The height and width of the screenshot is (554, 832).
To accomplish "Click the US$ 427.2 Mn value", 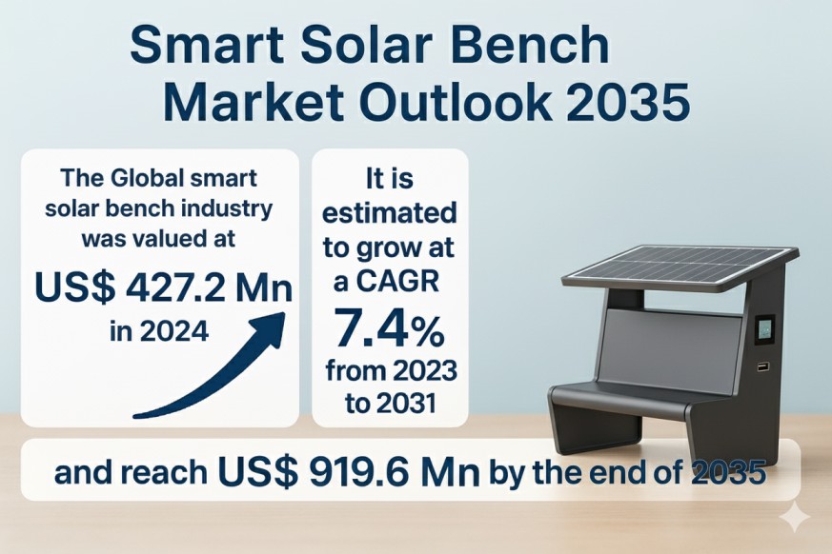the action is pyautogui.click(x=163, y=287).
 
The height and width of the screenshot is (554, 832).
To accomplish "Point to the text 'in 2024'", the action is pyautogui.click(x=159, y=332).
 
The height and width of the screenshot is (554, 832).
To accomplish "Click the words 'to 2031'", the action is pyautogui.click(x=390, y=404).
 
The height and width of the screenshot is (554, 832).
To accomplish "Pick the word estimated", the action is pyautogui.click(x=390, y=213).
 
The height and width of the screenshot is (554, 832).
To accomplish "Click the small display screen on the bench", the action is pyautogui.click(x=764, y=328).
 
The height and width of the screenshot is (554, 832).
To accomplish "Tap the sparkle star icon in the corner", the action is pyautogui.click(x=794, y=517).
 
